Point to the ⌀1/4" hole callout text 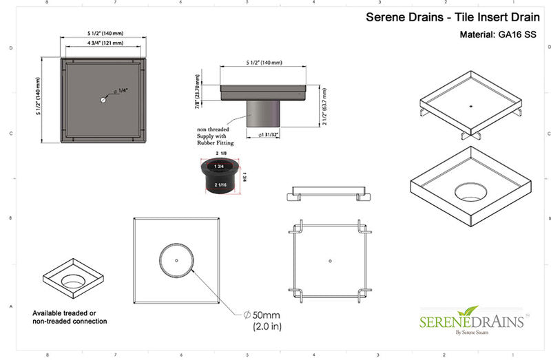pyautogui.click(x=121, y=91)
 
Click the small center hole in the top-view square pyautogui.click(x=102, y=100)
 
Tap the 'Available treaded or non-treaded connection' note pyautogui.click(x=70, y=317)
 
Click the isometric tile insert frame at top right pyautogui.click(x=470, y=110)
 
